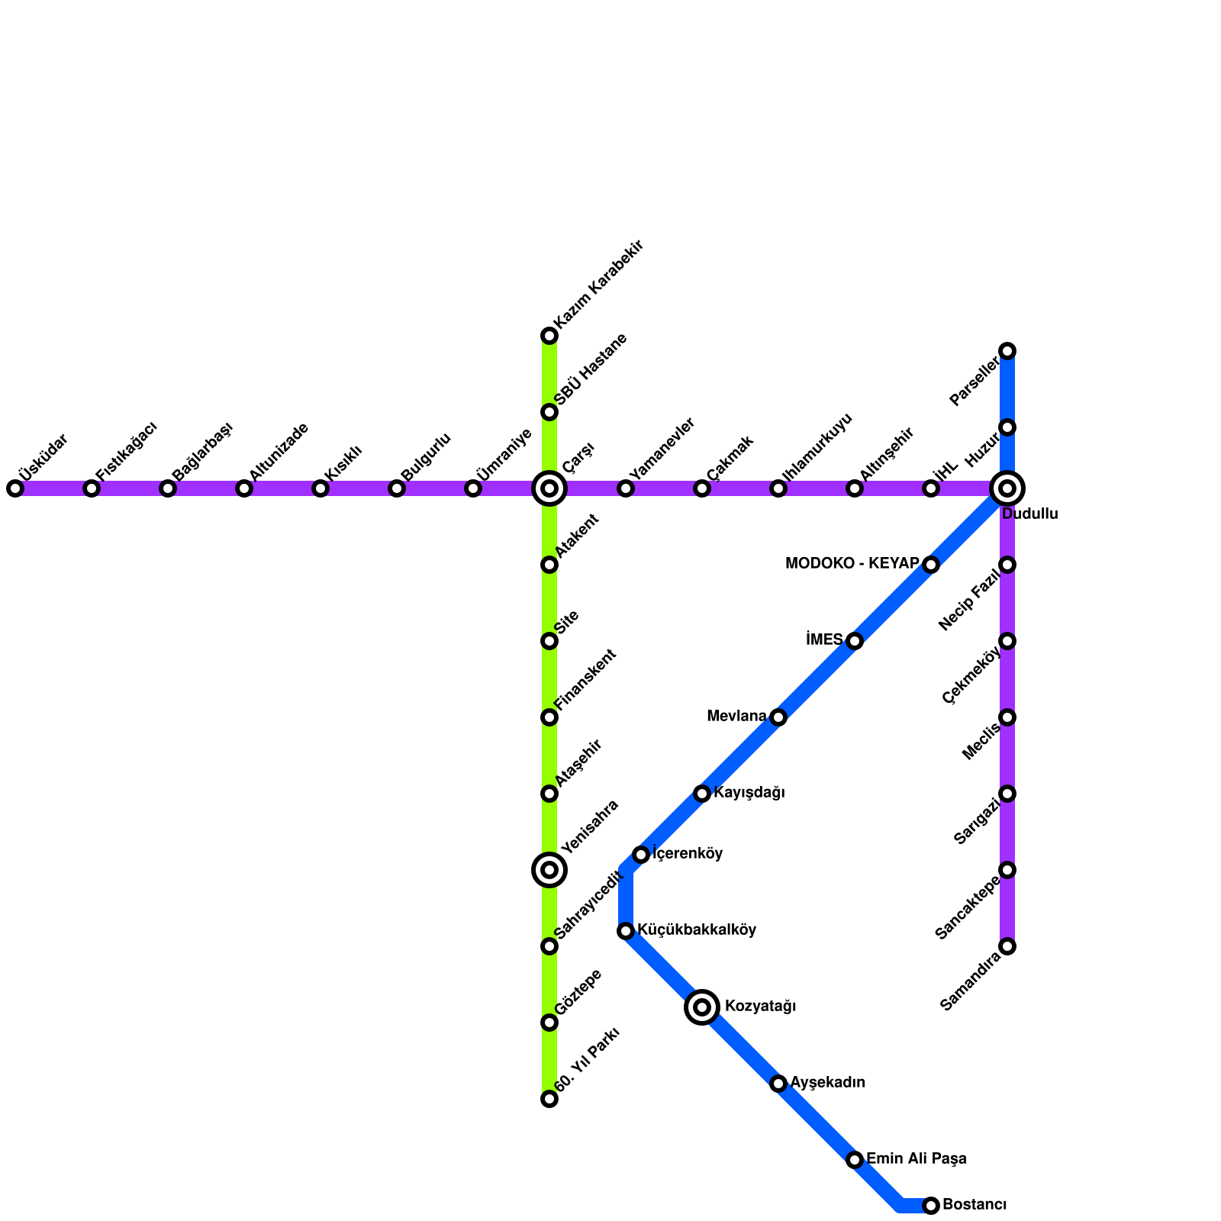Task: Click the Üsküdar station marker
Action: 15,488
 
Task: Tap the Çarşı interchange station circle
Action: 549,488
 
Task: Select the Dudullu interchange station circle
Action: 1007,488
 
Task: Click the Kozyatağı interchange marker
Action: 702,1007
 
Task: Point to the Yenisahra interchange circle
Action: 549,870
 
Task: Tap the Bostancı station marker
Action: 931,1206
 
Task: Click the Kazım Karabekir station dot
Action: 549,336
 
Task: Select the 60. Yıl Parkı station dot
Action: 549,1099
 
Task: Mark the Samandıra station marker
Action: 1007,946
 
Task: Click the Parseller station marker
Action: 1007,351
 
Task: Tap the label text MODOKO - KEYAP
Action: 852,564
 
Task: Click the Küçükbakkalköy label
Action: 697,930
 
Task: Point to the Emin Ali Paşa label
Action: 916,1159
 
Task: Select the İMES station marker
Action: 855,641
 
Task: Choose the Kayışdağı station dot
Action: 702,794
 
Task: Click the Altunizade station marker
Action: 244,488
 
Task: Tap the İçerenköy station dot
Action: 641,855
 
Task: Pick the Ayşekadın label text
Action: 827,1083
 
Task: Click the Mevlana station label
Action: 736,717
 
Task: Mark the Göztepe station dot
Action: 549,1023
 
